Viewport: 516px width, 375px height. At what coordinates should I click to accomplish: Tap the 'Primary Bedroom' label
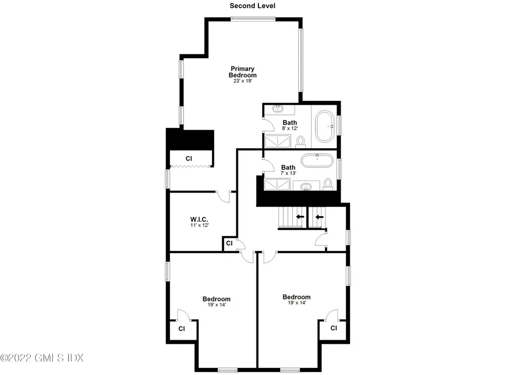(242, 72)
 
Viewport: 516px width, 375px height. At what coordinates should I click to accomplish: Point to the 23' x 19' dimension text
(242, 81)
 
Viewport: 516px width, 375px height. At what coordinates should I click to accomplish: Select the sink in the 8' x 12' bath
(277, 109)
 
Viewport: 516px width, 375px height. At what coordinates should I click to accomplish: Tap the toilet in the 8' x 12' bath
(301, 142)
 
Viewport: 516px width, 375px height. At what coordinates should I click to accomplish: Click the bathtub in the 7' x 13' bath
(317, 161)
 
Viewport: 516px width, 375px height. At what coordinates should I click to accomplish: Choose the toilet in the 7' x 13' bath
(328, 184)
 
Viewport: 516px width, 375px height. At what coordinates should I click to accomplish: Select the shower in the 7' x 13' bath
(277, 185)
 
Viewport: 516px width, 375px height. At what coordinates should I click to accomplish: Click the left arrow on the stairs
(300, 217)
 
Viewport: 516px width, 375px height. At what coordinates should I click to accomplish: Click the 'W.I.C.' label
(200, 219)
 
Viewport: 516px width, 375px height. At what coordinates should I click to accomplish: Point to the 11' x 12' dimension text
(200, 226)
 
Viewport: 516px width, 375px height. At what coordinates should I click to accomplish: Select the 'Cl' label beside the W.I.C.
(229, 243)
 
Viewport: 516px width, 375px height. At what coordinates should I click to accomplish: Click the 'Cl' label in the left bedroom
(181, 329)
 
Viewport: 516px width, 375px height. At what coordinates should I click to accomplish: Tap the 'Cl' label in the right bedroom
(333, 328)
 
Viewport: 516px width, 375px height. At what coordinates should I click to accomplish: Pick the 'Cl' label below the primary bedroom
(189, 159)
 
